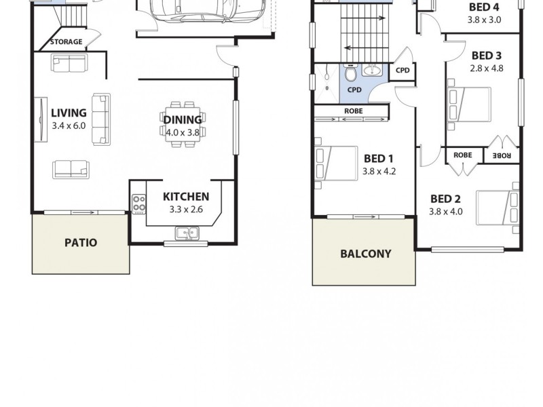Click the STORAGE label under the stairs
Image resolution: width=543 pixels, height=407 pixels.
click(66, 42)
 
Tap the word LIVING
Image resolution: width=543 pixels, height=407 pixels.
click(69, 113)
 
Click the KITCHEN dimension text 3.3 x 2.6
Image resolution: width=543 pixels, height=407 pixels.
click(186, 210)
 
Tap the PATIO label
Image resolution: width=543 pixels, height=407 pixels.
click(81, 242)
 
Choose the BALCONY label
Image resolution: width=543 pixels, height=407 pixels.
click(365, 254)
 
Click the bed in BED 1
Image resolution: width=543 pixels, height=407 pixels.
click(336, 163)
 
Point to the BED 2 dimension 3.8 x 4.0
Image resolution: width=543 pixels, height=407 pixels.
click(445, 211)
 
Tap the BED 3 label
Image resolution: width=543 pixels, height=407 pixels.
click(486, 56)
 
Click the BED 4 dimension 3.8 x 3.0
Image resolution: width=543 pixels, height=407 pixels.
click(483, 20)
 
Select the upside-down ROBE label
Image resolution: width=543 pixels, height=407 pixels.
click(502, 155)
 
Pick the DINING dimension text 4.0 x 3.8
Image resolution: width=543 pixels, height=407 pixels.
click(182, 133)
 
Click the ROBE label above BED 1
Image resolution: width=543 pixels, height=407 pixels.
click(353, 111)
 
